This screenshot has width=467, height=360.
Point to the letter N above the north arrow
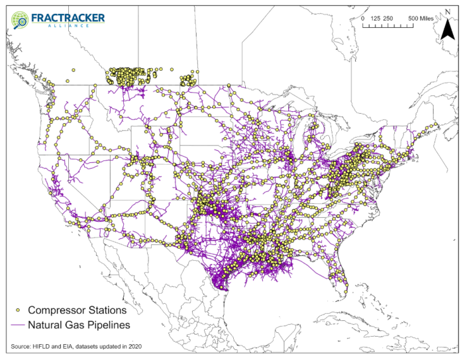coord(448,10)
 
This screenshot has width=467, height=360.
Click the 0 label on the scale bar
coord(363,19)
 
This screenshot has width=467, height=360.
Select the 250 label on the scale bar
coord(389,19)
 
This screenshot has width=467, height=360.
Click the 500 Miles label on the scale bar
coord(421,19)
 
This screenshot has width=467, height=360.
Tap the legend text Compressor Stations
coord(77,310)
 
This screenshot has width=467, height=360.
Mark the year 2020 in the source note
coord(134,347)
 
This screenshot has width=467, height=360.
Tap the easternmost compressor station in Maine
coord(437,124)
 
